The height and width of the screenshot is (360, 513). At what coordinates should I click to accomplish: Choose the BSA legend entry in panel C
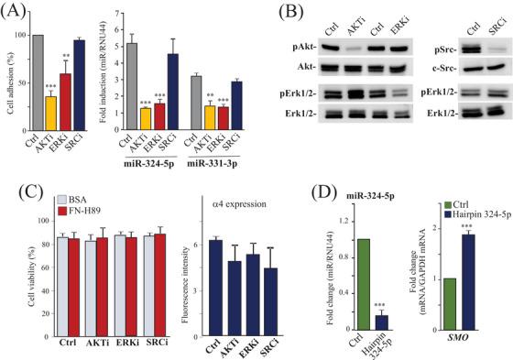click(71, 198)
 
